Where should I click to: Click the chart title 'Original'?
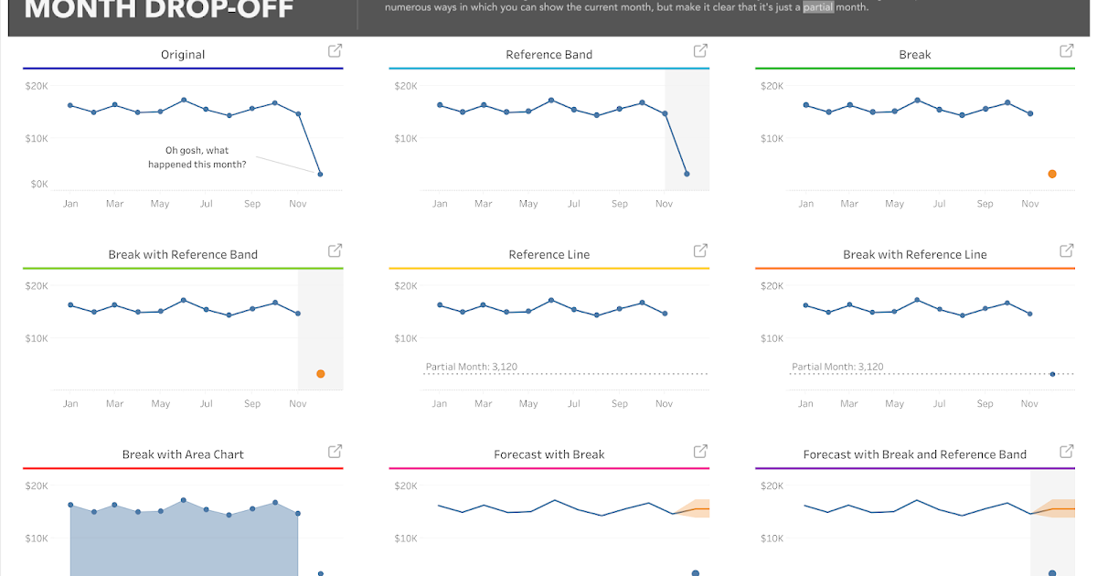point(183,55)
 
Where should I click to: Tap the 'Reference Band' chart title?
point(548,55)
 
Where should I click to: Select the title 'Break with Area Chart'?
point(183,454)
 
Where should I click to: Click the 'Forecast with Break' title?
point(548,454)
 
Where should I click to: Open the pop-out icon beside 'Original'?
point(335,51)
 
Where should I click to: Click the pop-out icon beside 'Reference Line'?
point(700,251)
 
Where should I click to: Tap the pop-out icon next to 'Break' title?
point(1066,51)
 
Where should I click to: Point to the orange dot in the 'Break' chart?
point(1052,174)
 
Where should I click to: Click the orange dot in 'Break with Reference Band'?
point(320,374)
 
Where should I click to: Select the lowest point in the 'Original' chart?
point(320,174)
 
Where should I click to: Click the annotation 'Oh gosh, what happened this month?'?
point(197,157)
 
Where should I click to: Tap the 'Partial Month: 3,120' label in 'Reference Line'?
point(472,367)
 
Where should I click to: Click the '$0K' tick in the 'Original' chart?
point(39,184)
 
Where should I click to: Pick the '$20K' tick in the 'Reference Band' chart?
point(406,86)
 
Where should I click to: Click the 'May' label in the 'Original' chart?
point(160,204)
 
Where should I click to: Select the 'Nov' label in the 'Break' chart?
point(1030,204)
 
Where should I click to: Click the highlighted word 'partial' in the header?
point(818,7)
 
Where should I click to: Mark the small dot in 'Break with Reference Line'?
point(1052,374)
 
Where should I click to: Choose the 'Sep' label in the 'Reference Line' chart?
point(620,404)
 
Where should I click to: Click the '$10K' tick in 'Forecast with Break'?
point(406,539)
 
